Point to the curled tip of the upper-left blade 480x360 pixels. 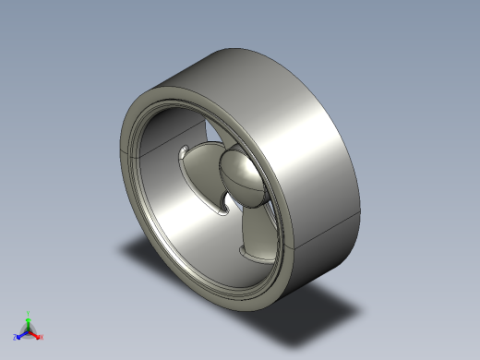(187, 150)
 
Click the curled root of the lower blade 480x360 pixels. (247, 250)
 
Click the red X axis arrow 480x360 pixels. (36, 334)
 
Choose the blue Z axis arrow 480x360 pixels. (20, 334)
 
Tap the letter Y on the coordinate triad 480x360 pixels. (29, 313)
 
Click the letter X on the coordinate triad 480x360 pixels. (42, 337)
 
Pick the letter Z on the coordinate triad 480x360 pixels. (15, 338)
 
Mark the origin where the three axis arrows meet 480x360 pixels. (29, 330)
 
